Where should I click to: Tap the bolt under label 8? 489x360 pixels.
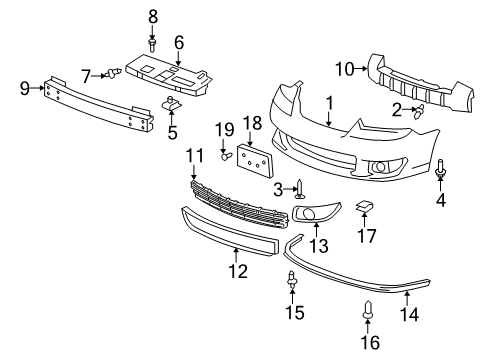click(153, 44)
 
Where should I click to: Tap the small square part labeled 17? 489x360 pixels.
click(364, 206)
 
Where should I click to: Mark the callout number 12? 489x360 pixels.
click(236, 269)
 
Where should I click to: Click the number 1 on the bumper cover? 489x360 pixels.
click(328, 104)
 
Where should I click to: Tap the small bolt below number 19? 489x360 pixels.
click(226, 155)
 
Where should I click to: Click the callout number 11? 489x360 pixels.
click(195, 155)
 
